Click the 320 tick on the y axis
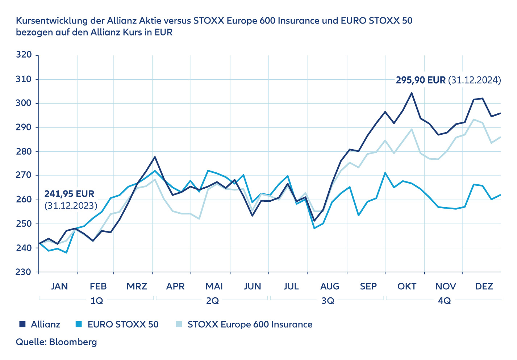click(x=24, y=55)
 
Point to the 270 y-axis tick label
click(x=24, y=176)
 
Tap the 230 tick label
click(x=24, y=272)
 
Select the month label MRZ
click(x=137, y=286)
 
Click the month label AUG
click(x=330, y=286)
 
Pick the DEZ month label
click(x=484, y=286)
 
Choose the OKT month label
click(x=407, y=286)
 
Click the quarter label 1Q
click(x=97, y=301)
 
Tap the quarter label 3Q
click(x=328, y=301)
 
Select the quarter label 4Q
click(x=444, y=301)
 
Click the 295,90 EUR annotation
click(x=420, y=80)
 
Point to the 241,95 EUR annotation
click(x=69, y=194)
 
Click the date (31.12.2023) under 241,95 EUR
click(x=71, y=206)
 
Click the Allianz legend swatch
click(x=22, y=324)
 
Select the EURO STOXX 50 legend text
click(x=123, y=324)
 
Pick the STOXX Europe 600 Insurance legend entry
click(x=250, y=324)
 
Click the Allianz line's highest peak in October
click(x=412, y=93)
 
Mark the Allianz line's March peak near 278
click(x=155, y=157)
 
